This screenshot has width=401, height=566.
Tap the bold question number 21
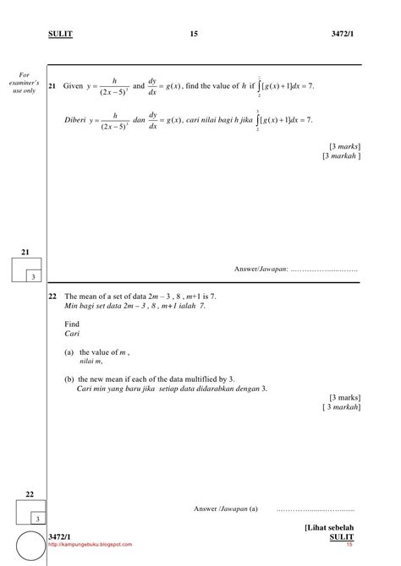(53, 87)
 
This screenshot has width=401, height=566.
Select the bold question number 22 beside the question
(53, 297)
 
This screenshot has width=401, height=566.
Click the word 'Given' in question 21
(74, 87)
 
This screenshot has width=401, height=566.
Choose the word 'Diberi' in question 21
(77, 120)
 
